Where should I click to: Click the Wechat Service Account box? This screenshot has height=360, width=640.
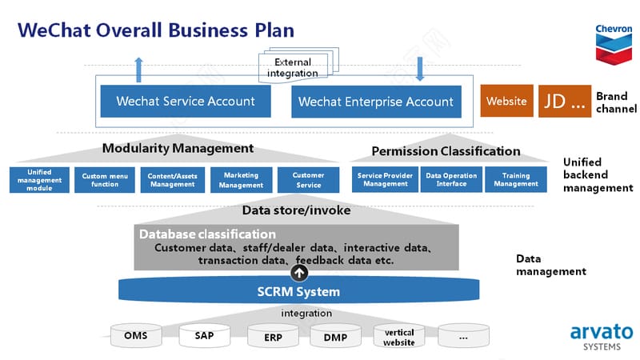(186, 102)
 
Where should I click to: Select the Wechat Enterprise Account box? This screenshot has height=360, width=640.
(376, 102)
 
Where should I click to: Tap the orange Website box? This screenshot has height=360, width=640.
(506, 101)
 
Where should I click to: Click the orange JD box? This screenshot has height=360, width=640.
(565, 102)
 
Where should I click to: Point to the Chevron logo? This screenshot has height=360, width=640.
(614, 45)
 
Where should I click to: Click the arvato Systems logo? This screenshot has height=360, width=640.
(602, 338)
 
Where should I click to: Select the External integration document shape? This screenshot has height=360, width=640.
(298, 66)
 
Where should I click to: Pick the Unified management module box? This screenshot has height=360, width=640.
(39, 180)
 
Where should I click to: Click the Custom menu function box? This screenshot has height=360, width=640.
(105, 180)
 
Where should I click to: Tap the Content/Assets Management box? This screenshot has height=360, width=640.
(173, 180)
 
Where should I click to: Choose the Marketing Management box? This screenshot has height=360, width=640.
(242, 180)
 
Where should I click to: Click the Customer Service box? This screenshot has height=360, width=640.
(309, 180)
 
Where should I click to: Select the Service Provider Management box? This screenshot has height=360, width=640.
(386, 179)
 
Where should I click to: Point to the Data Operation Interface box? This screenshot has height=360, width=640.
(451, 179)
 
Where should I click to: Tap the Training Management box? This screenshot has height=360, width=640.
(516, 179)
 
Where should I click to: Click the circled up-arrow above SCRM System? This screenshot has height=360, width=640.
(299, 273)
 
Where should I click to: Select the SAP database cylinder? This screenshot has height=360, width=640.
(205, 336)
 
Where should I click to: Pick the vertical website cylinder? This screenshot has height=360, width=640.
(399, 337)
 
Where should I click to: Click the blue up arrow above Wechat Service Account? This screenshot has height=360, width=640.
(138, 70)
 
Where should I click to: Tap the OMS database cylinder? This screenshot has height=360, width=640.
(136, 335)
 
